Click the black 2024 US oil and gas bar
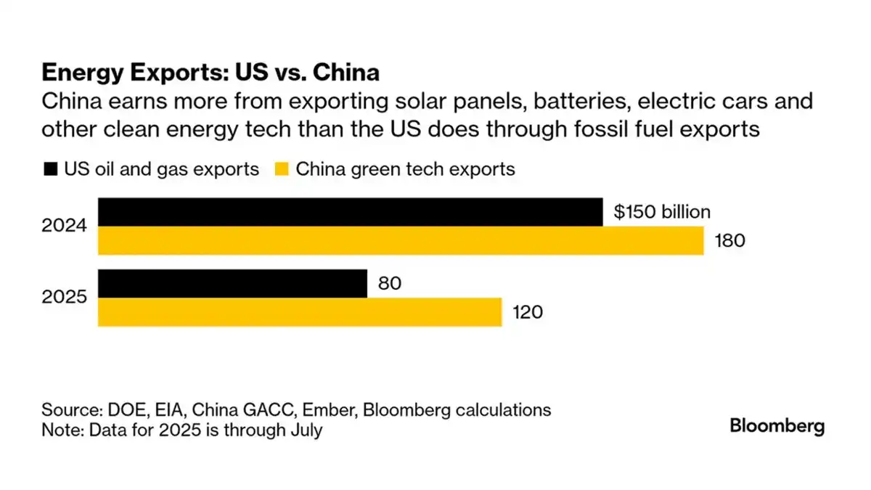point(350,212)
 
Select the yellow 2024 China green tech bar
point(401,241)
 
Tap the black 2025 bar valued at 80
point(232,283)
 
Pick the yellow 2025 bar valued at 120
point(300,312)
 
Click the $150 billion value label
point(661,212)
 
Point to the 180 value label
point(730,241)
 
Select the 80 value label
point(389,283)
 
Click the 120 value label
point(528,312)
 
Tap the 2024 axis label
point(65,226)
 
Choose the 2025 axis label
point(65,298)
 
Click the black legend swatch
point(50,170)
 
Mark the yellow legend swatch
point(283,170)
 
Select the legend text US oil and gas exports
point(161,170)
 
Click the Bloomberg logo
point(777,426)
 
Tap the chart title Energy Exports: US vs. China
point(210,73)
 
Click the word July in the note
point(306,430)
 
